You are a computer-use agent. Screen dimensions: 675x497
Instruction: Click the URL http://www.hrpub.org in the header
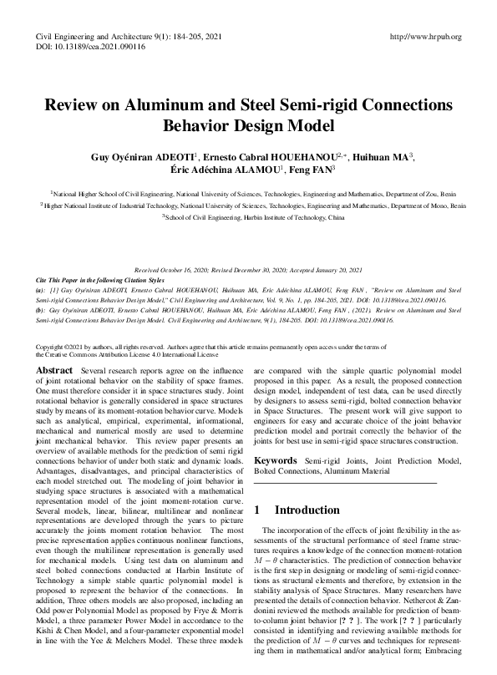pyautogui.click(x=425, y=38)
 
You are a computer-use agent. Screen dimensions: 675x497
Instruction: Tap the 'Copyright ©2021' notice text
pyautogui.click(x=61, y=346)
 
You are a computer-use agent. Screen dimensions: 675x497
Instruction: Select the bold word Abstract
pyautogui.click(x=54, y=369)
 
